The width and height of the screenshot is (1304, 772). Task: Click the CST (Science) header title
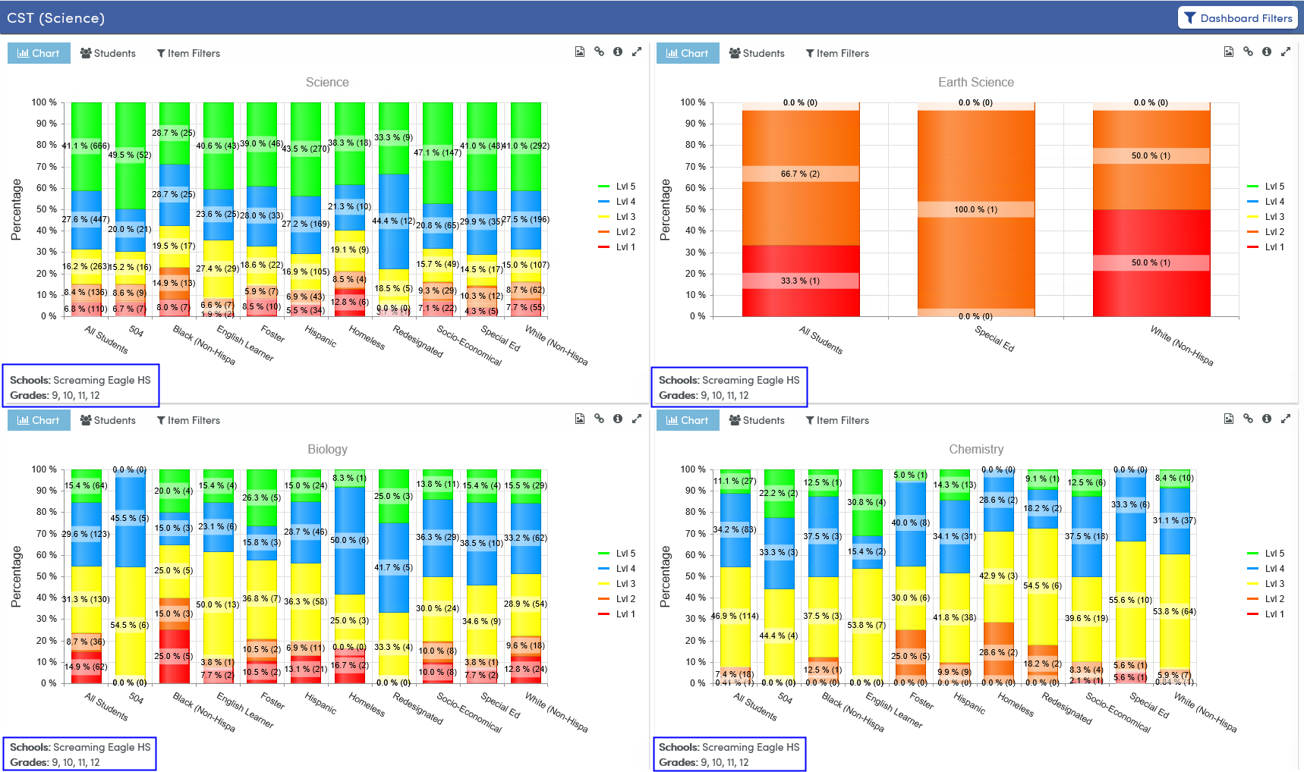coord(56,18)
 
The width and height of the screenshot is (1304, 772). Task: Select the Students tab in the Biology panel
coord(108,420)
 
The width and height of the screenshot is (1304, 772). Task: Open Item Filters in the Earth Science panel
coord(837,53)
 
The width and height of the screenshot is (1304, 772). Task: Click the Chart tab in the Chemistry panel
coord(687,420)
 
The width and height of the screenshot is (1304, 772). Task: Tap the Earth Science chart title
coord(975,82)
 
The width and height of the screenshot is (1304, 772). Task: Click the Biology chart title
coord(327,449)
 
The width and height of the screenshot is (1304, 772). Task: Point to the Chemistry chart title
coord(975,449)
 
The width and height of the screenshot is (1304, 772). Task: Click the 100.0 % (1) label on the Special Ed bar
coord(975,209)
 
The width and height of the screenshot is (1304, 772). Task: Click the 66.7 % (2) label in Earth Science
coord(800,174)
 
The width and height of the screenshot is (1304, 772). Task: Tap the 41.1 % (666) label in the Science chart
coord(86,146)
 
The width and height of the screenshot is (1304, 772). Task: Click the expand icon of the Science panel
coord(637,52)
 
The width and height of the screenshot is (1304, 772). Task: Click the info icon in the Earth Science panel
coord(1266,52)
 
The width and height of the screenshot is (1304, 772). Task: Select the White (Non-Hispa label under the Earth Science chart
coord(1181,346)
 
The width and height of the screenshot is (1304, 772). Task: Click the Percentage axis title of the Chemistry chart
coord(665,576)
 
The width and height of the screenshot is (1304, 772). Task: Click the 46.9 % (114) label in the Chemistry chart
coord(734,616)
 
